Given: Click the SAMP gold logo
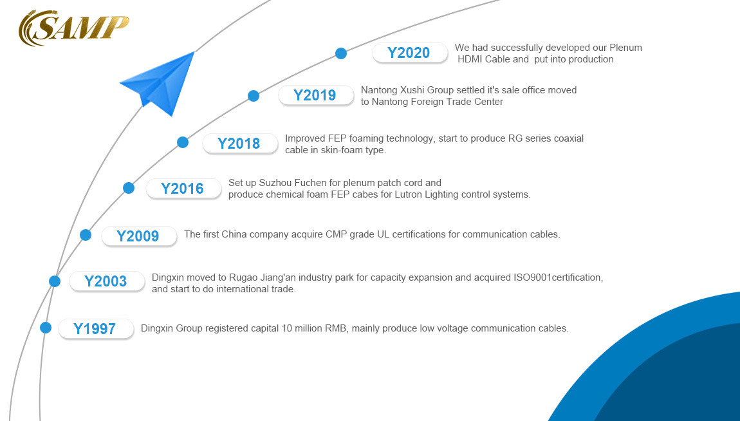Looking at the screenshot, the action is pos(73,28).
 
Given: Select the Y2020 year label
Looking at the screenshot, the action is pos(409,53).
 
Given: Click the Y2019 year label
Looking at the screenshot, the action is pos(315,95).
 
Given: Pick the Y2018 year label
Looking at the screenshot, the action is pos(239,144).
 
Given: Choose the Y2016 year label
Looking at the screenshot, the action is pos(182,189).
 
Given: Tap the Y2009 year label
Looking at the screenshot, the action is pos(138,236).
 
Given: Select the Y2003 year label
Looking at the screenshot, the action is pos(106,281).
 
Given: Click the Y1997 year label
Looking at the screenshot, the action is pos(95,328).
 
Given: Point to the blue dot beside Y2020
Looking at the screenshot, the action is pos(341,53).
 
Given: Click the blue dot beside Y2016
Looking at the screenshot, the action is pos(128,188).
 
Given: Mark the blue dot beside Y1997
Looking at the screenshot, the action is pos(45,328).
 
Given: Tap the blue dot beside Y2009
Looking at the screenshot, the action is pos(86,234).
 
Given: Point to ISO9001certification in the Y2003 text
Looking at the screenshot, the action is pos(558,277).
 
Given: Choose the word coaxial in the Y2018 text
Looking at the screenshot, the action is pos(567,139).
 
